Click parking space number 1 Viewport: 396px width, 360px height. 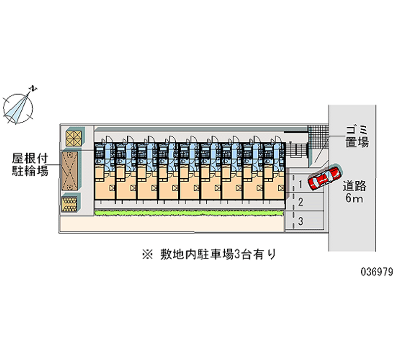300,185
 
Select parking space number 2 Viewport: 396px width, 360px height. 300,202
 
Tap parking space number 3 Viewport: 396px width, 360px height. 300,220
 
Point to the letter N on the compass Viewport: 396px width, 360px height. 33,89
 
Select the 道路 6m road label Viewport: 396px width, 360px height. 354,192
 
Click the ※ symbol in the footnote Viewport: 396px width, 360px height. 148,255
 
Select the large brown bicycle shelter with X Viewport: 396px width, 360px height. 70,171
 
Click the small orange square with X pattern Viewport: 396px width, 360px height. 73,137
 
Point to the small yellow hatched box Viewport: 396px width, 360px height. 70,204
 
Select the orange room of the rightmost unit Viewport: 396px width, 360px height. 275,184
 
